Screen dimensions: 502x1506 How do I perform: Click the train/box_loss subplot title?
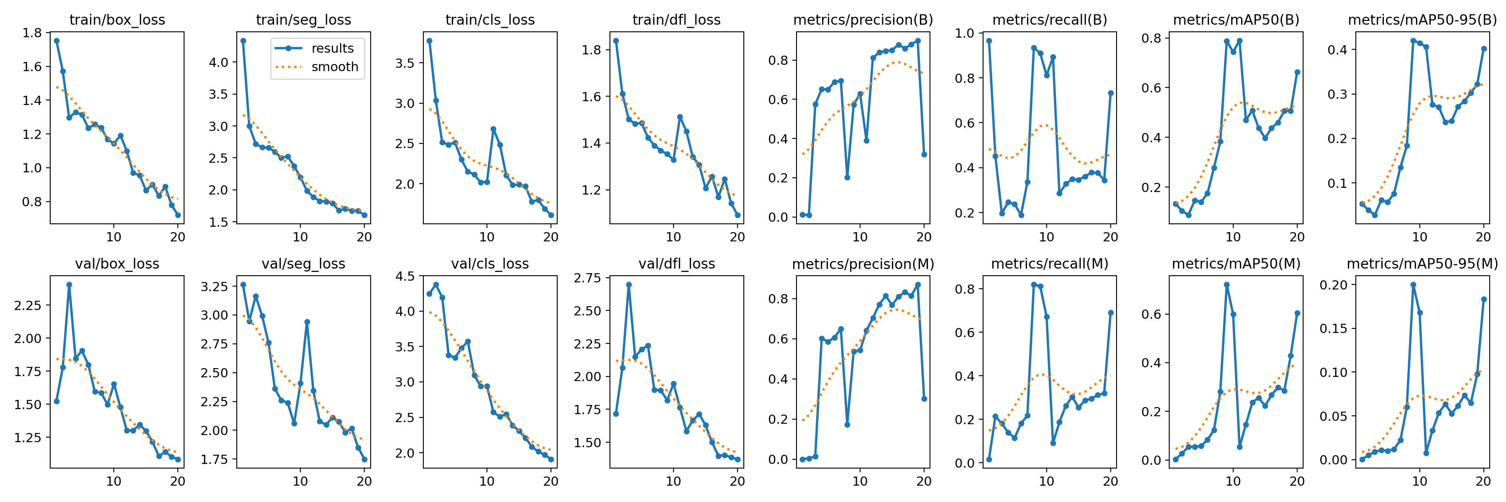117,20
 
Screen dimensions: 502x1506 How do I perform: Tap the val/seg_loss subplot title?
303,264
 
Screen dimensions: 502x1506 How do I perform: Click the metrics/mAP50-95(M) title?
1422,264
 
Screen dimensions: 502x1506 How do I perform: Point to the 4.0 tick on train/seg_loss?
219,62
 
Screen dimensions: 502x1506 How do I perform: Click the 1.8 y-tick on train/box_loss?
32,33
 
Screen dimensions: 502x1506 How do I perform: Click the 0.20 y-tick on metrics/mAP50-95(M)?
1334,285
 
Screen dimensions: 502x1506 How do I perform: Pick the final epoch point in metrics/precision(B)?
924,155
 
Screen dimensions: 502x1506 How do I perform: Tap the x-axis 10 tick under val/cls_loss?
487,482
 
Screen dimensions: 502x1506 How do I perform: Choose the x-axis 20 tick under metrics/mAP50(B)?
1297,237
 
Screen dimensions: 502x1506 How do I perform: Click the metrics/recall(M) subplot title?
1050,264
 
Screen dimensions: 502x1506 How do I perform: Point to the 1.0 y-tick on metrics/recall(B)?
965,33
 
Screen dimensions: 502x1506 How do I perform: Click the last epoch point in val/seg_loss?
364,460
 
